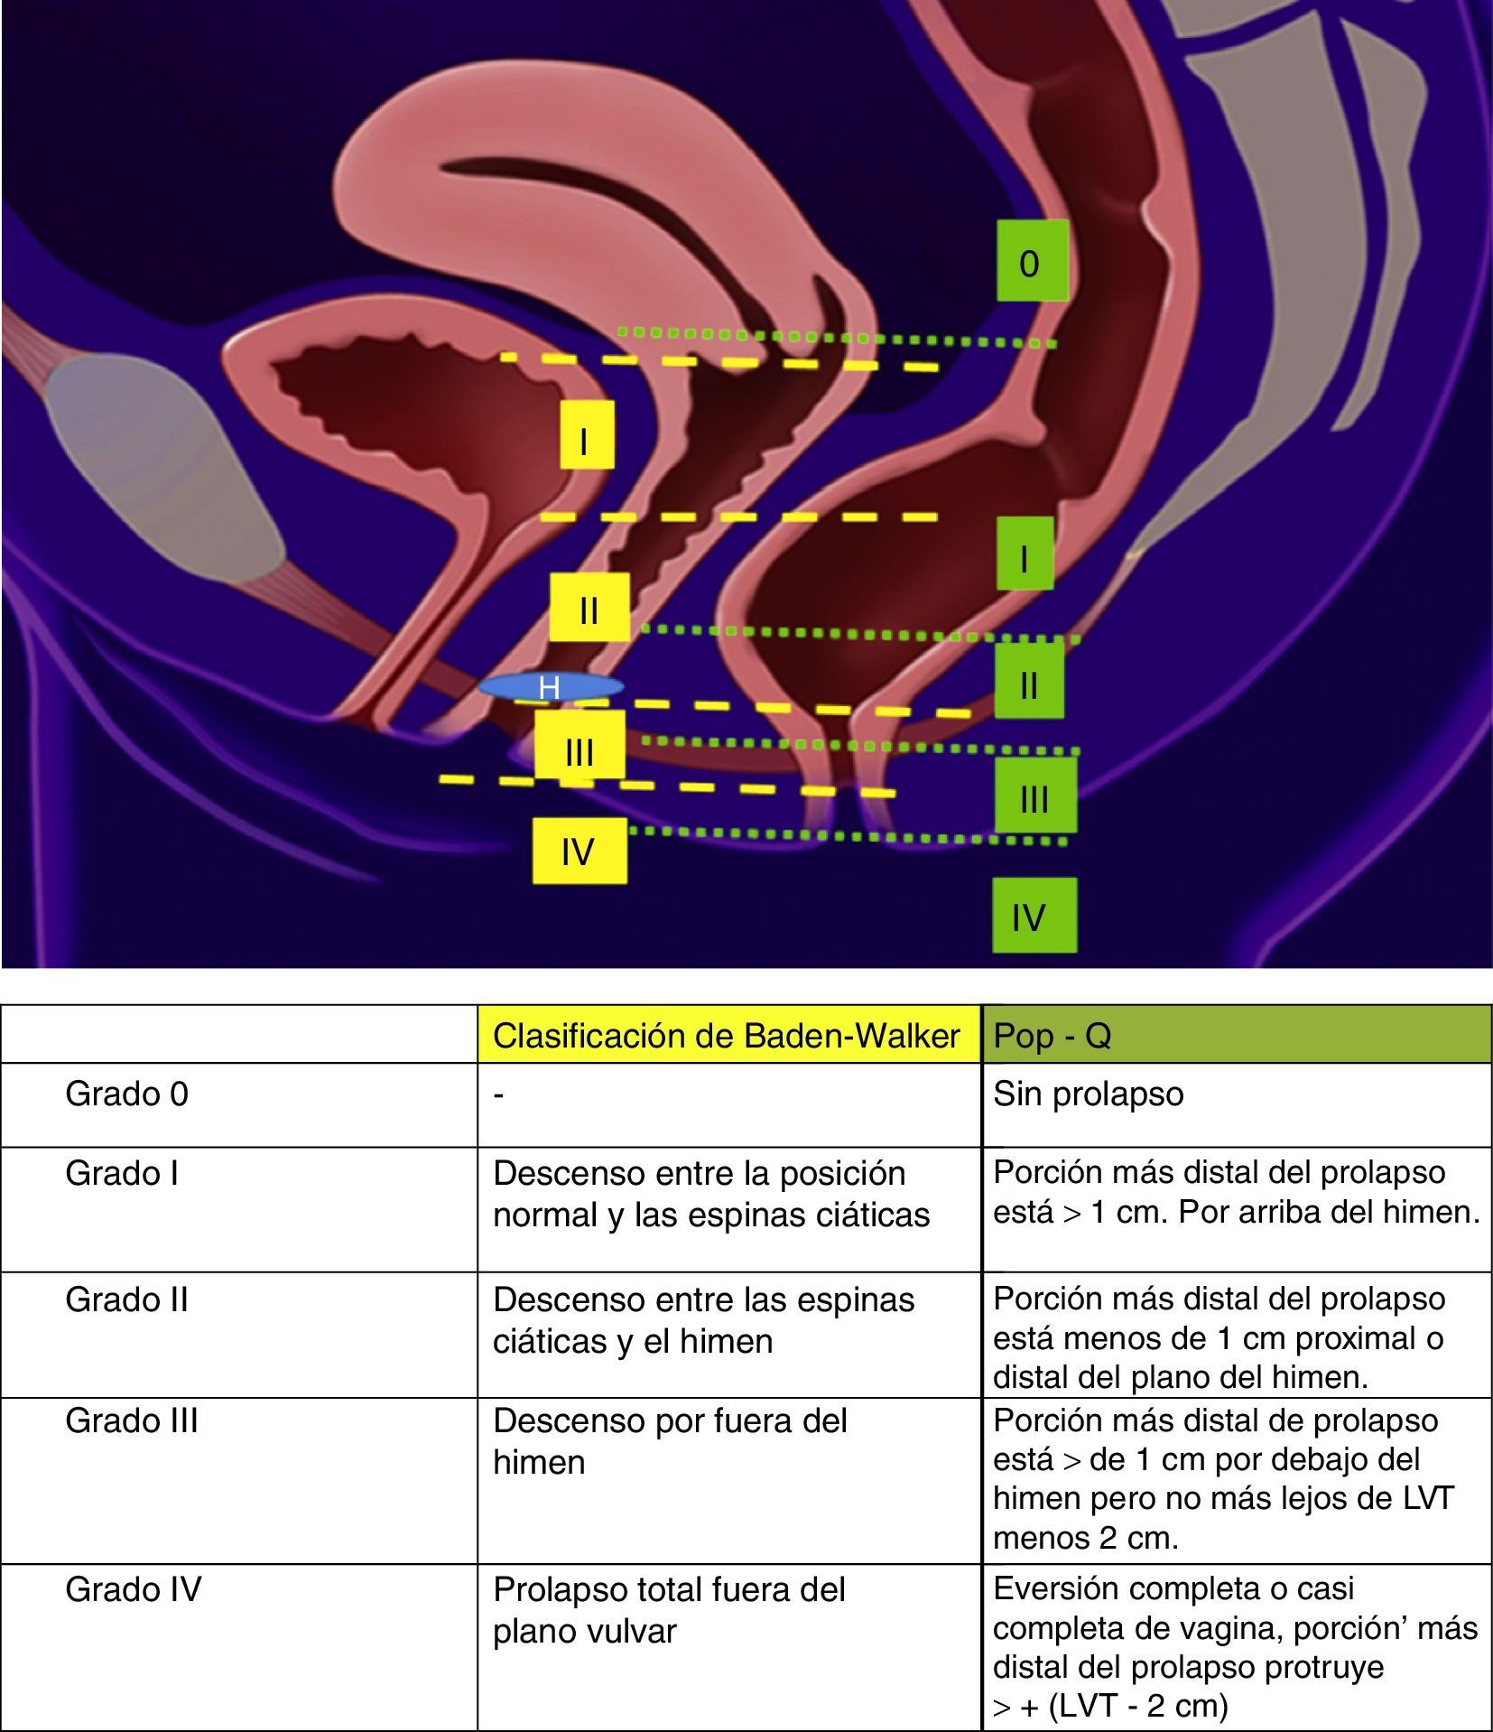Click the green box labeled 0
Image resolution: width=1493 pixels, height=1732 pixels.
[1032, 261]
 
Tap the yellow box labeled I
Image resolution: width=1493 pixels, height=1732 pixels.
[587, 435]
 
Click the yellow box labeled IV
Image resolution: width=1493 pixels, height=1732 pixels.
[579, 851]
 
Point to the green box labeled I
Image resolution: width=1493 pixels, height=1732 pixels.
[1025, 554]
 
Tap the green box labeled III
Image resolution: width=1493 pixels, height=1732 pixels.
[1034, 795]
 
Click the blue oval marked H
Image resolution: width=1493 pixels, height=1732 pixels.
[551, 687]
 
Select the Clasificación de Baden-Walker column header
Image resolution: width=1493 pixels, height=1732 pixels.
[728, 1035]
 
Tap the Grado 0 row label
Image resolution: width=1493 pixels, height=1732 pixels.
[127, 1094]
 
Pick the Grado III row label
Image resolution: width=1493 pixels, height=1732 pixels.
[132, 1421]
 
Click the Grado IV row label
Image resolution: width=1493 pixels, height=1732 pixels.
[134, 1589]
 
